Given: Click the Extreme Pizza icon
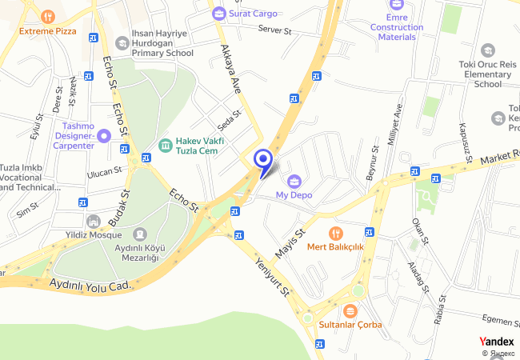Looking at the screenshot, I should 48,16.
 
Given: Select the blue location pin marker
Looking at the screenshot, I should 262,159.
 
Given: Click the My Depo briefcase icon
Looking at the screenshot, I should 294,180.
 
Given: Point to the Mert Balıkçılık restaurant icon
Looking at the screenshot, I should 336,233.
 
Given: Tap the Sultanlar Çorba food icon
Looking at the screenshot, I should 349,310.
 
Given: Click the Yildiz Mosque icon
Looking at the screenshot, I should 94,221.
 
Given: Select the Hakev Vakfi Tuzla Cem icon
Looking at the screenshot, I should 165,145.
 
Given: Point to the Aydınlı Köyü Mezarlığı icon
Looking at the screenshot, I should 140,233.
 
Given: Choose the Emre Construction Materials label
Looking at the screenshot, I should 396,26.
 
